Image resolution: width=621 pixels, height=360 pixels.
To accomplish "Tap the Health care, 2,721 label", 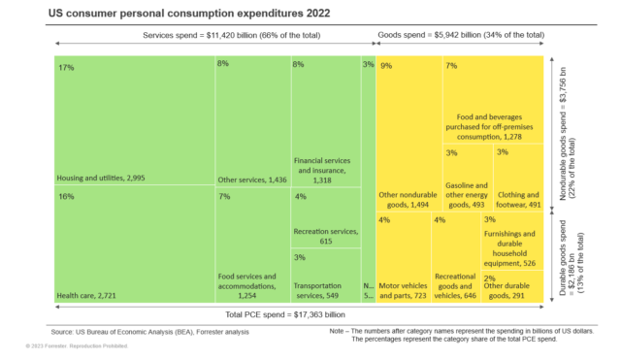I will click(x=88, y=294).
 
